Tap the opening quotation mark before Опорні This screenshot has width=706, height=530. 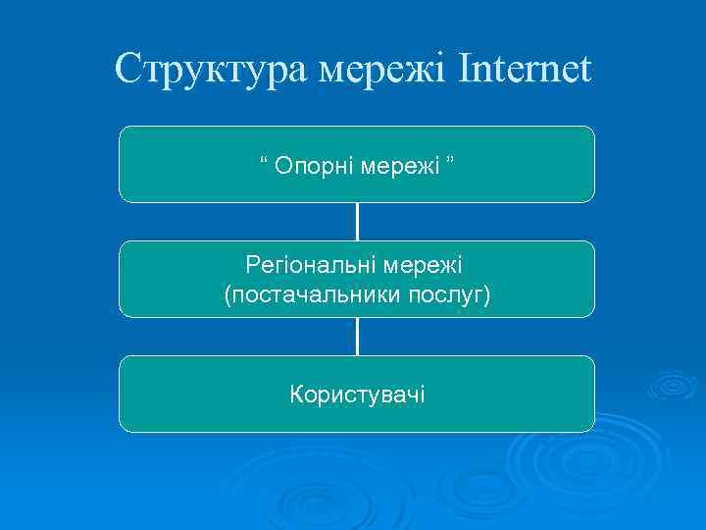coord(264,160)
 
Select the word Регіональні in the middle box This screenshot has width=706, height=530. coord(310,265)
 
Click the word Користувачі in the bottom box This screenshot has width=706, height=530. coord(357,395)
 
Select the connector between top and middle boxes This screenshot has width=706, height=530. coord(357,222)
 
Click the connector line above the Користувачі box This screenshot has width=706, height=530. coord(357,337)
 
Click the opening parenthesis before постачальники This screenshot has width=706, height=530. coord(227,293)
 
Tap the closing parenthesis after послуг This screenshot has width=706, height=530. coord(486,293)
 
